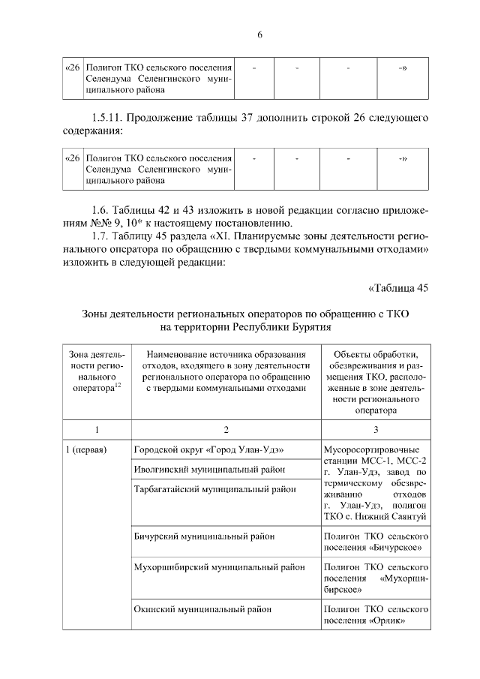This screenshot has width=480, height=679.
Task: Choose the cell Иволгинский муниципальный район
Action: coord(209,470)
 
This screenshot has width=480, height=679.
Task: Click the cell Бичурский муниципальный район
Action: coord(204,536)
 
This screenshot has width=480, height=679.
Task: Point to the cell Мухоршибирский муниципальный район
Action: coord(219,567)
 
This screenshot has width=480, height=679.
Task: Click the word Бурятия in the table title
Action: coord(312,327)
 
